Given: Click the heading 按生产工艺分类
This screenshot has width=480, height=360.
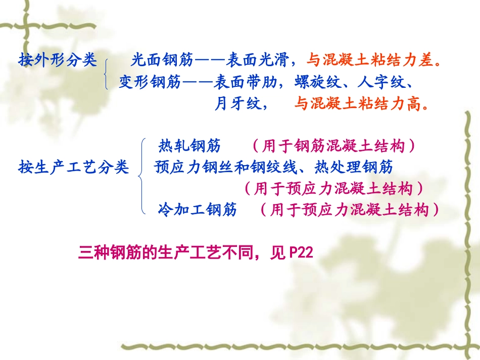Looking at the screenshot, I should coord(74,167).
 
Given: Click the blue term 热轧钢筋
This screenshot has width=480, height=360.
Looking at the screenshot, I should coord(189,146).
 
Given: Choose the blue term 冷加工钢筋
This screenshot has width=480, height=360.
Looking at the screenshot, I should coord(197,210).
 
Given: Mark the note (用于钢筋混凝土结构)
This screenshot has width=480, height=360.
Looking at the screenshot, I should coord(334,146).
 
